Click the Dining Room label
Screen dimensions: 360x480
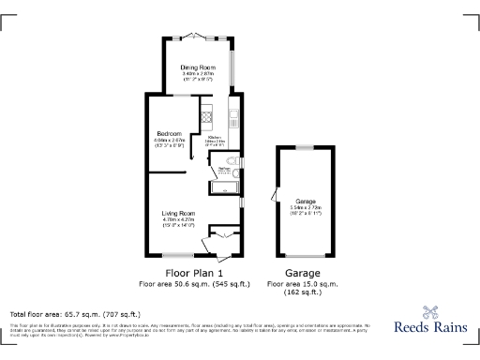click(x=199, y=67)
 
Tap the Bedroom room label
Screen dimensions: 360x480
click(x=169, y=133)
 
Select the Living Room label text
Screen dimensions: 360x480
click(x=177, y=213)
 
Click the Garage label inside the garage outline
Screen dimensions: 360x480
click(x=306, y=202)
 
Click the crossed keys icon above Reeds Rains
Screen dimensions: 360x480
click(x=431, y=312)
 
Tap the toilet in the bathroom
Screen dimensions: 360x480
click(x=233, y=170)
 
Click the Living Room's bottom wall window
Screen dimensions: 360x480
click(x=177, y=256)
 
